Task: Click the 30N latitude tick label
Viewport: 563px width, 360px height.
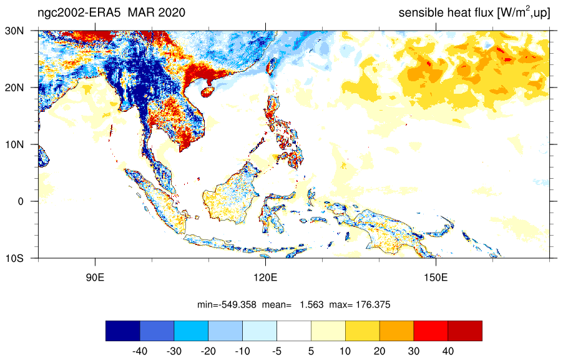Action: [14, 31]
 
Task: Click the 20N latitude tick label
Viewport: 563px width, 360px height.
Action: [14, 87]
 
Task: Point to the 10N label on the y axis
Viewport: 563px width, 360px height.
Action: [14, 144]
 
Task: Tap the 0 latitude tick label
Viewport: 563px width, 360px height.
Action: [21, 201]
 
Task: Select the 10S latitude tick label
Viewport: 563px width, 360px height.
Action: [14, 258]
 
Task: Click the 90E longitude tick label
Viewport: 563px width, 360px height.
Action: [95, 277]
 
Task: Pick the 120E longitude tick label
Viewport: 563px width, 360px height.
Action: [265, 277]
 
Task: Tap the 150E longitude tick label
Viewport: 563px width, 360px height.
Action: [436, 277]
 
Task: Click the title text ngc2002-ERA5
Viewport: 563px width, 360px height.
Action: [80, 12]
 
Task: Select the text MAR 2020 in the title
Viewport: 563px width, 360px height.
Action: [157, 12]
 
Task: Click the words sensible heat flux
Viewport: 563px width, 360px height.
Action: [446, 12]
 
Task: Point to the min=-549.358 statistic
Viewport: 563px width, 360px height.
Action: [227, 305]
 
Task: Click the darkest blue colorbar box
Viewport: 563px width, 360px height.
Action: [123, 331]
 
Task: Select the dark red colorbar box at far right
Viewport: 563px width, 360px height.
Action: [465, 331]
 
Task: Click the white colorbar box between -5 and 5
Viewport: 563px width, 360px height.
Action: [294, 331]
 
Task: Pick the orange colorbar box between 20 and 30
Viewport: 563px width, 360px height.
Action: [396, 331]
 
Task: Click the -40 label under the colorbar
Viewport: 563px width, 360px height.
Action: [140, 351]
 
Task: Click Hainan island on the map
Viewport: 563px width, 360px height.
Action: [207, 92]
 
